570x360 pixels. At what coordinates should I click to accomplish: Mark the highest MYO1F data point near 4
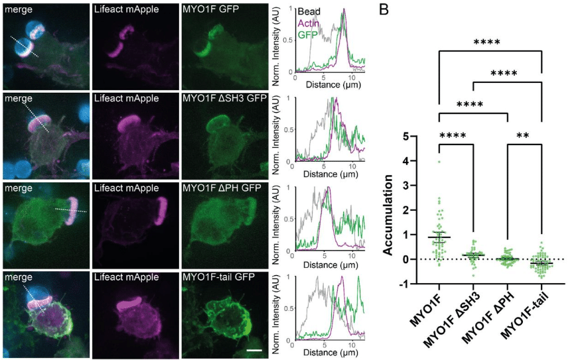[439, 161]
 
